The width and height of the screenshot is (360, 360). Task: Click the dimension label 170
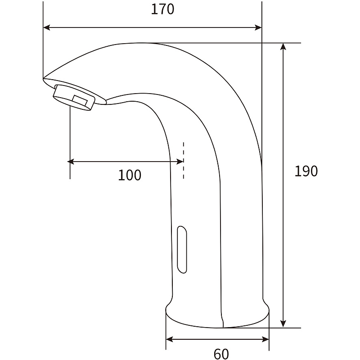(162, 9)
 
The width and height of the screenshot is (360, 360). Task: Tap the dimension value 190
(306, 171)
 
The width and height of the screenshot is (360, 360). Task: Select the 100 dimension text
(130, 175)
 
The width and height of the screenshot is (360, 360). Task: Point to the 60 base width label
(221, 354)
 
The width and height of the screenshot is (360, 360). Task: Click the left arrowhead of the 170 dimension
(47, 28)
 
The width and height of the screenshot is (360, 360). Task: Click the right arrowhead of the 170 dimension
(258, 28)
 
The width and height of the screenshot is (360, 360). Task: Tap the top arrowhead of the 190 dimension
(283, 46)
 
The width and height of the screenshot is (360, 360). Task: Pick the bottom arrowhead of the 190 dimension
(283, 324)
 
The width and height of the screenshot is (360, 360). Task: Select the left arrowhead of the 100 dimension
(71, 162)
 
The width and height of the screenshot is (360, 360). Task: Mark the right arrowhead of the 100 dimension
(180, 162)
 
